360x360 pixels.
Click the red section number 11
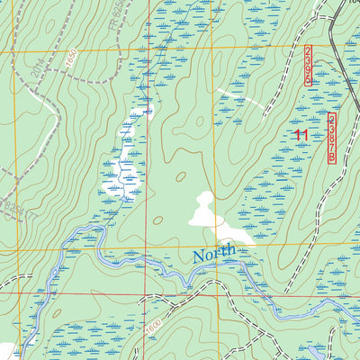pos(301,136)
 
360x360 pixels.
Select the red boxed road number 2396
pos(308,66)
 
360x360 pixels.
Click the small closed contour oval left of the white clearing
pos(158,220)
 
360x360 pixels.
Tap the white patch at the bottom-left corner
pos(5,351)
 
